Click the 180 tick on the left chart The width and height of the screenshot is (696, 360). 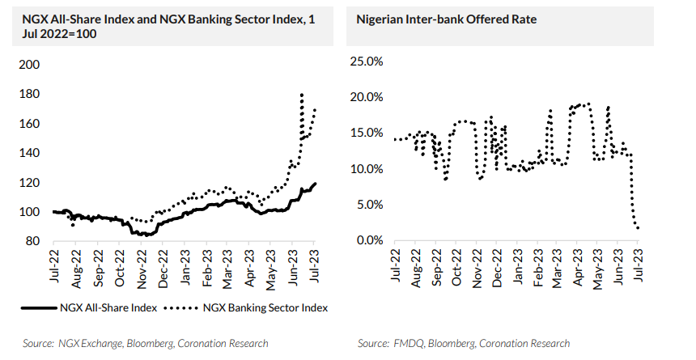29,94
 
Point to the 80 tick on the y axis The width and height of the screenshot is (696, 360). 32,241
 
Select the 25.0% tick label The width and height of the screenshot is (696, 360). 365,61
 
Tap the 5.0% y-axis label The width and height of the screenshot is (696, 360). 368,205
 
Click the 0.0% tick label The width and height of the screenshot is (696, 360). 368,240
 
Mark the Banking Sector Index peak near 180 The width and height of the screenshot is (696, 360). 302,95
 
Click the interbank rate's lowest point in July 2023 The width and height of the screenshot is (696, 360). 639,228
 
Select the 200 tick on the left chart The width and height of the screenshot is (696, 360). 29,65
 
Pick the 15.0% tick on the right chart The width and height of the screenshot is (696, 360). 365,133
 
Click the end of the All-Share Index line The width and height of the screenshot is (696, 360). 315,184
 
